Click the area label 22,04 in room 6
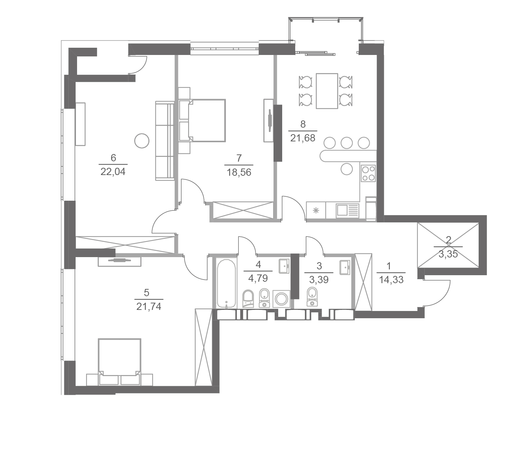click(113, 172)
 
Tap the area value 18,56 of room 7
click(239, 172)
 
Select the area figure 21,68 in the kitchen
click(302, 138)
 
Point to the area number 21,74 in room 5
click(149, 306)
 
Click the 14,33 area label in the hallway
click(391, 280)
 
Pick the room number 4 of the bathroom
click(258, 264)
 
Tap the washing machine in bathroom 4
click(281, 299)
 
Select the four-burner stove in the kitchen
click(368, 173)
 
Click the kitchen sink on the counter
click(347, 210)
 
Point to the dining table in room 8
click(327, 91)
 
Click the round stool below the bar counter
click(347, 169)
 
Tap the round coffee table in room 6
click(142, 141)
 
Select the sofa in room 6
click(165, 141)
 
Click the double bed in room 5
click(119, 362)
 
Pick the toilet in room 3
click(312, 297)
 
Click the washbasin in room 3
click(345, 267)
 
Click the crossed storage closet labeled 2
click(448, 245)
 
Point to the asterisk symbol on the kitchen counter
click(316, 210)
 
